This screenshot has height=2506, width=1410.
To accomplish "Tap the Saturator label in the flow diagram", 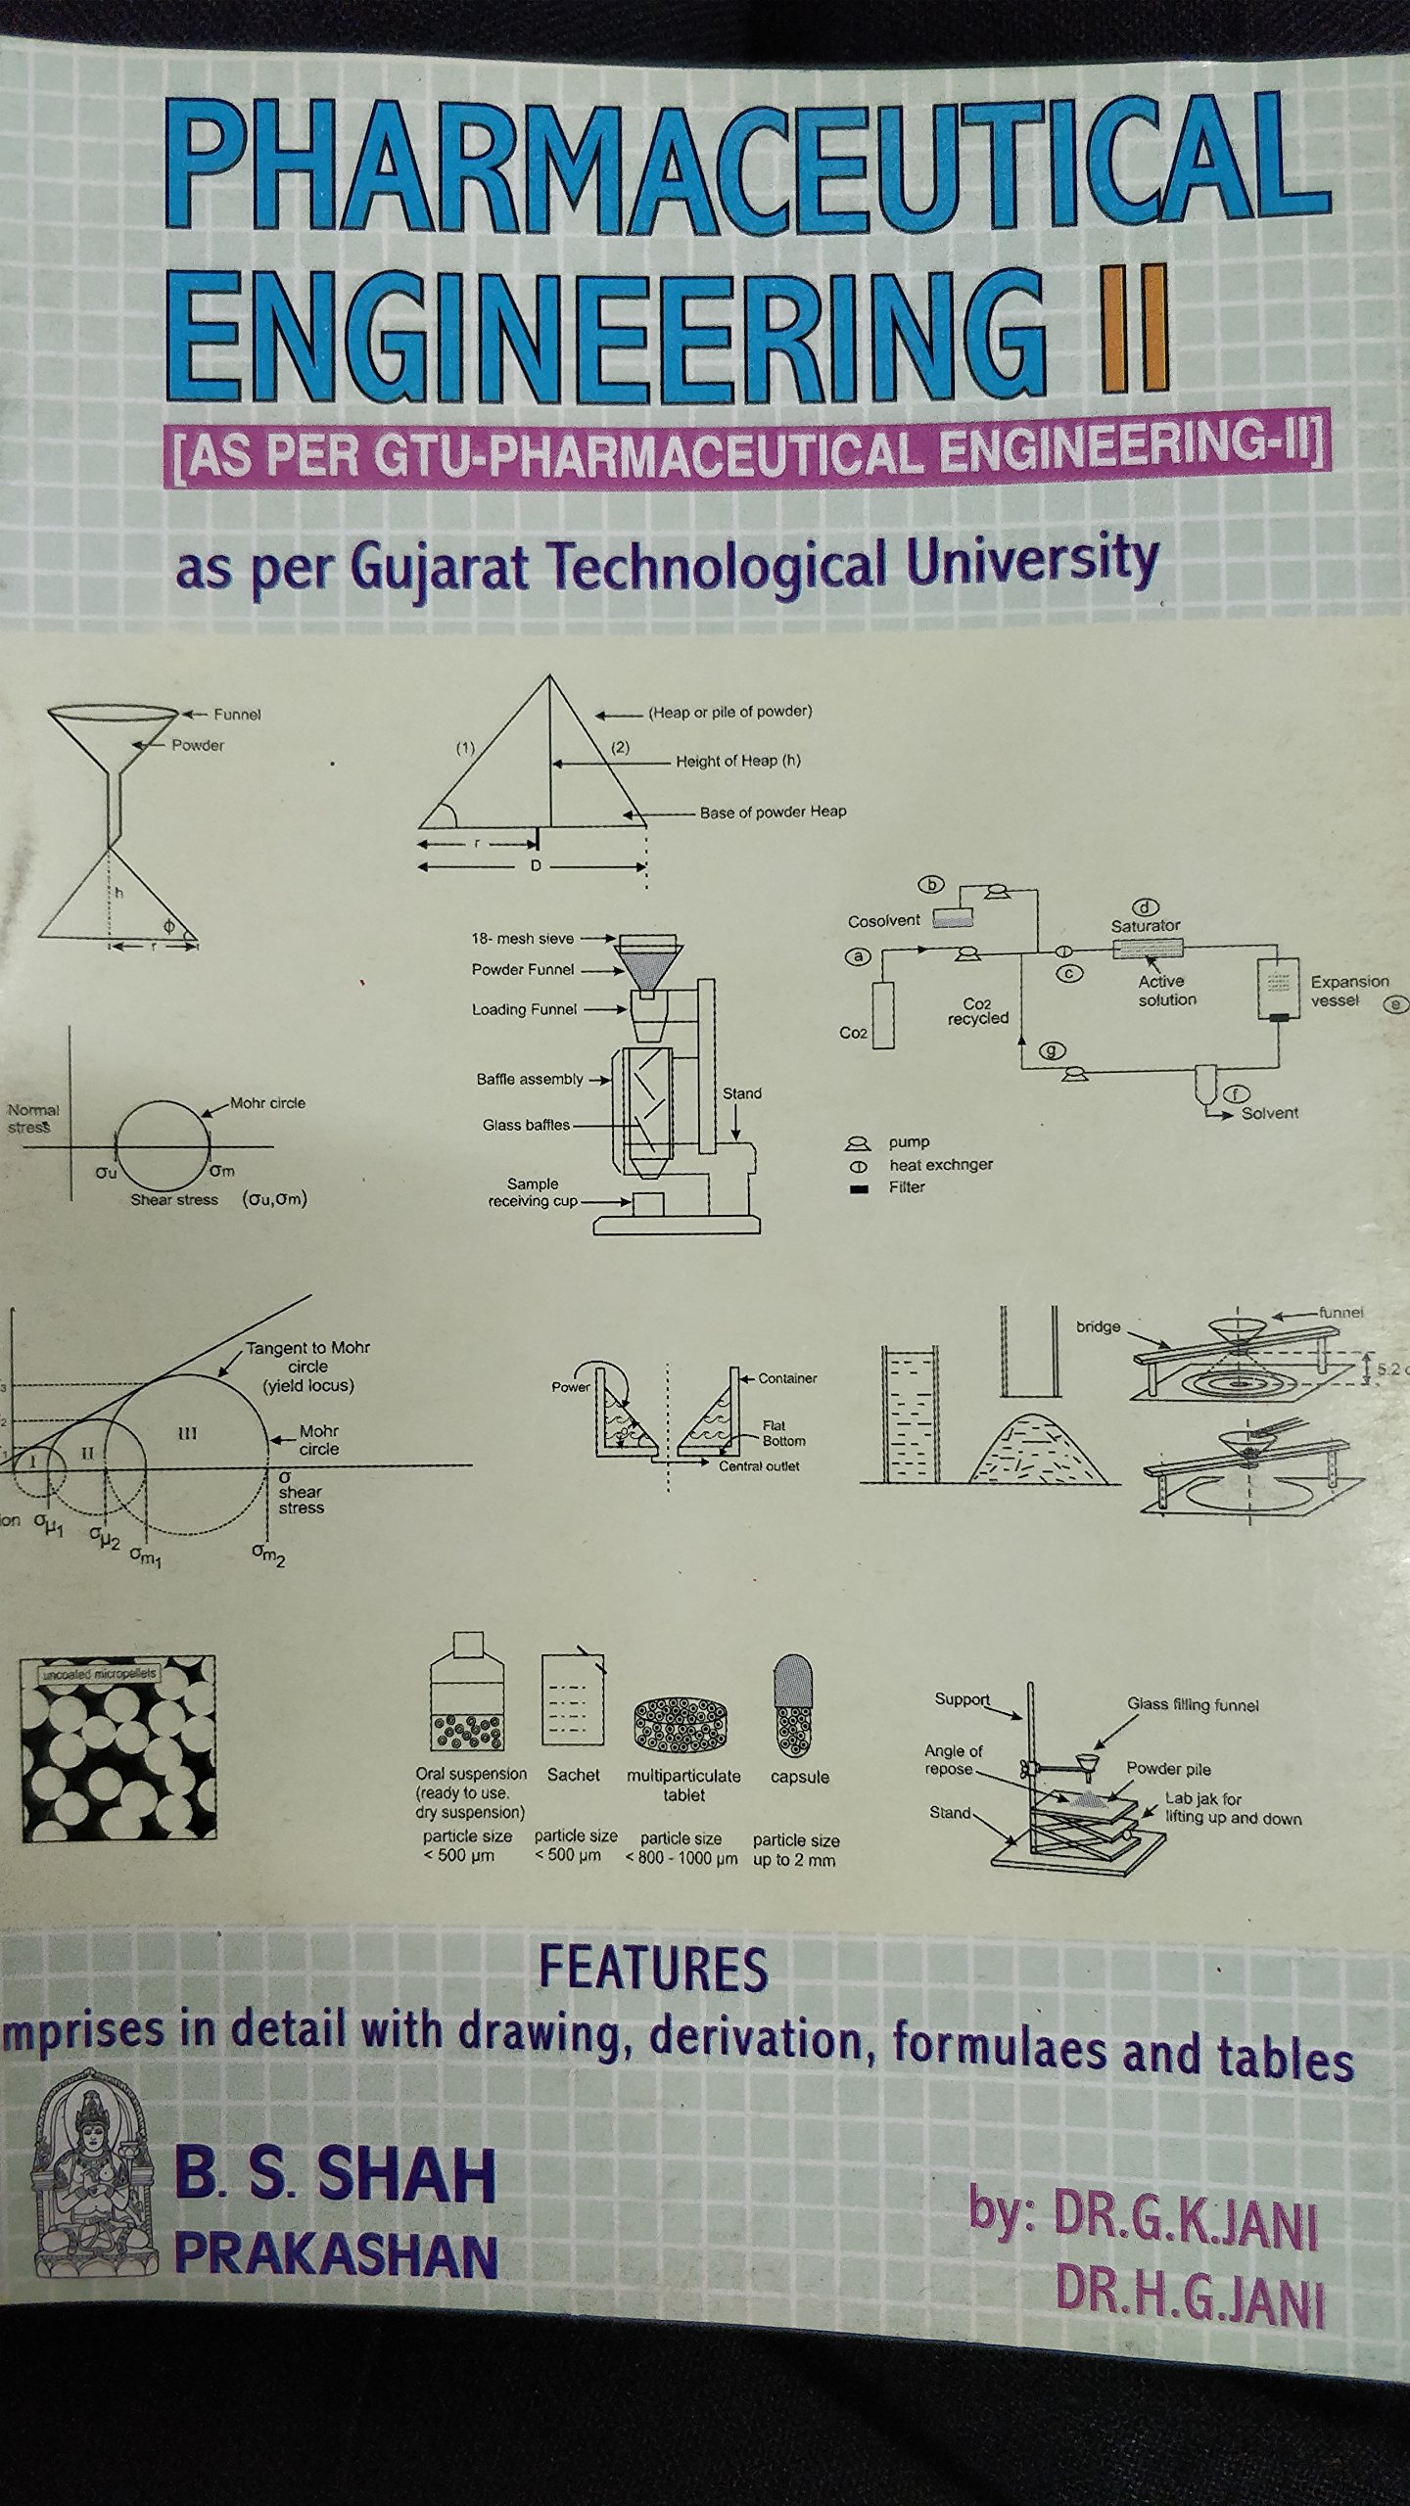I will (x=1145, y=925).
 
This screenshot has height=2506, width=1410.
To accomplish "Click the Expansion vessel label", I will (x=1348, y=990).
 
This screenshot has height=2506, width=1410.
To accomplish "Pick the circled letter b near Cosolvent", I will (x=931, y=885).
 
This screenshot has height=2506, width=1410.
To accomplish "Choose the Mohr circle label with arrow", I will (x=267, y=1103).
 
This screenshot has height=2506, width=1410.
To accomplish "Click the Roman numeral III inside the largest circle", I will (x=188, y=1434).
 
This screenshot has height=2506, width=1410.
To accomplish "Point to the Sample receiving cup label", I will (x=533, y=1192).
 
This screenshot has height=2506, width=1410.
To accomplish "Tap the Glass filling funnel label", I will (x=1192, y=1704).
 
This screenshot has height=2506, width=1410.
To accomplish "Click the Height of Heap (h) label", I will (x=737, y=761).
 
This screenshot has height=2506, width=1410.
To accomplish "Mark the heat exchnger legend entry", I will (x=940, y=1165).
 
